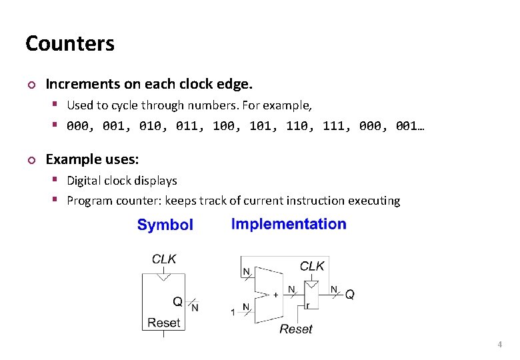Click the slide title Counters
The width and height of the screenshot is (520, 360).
(x=70, y=44)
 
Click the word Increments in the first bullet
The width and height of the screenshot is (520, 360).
(x=75, y=85)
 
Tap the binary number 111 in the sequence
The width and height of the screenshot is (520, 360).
(x=333, y=125)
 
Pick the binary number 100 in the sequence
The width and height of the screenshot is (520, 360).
(x=224, y=125)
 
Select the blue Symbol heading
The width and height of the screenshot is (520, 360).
(x=165, y=225)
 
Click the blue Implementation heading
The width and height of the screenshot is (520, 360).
(x=289, y=224)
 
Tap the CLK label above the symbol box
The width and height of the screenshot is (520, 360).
(x=164, y=259)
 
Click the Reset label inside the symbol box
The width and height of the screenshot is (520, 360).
(x=164, y=323)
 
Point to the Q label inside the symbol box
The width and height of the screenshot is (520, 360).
(x=177, y=302)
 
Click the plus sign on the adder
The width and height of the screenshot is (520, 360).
(x=276, y=294)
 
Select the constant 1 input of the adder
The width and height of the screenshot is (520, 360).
(x=233, y=312)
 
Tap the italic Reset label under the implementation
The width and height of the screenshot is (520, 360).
(x=296, y=329)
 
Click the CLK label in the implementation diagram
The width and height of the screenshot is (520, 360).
(x=312, y=266)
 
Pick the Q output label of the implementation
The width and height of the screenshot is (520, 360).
(x=350, y=295)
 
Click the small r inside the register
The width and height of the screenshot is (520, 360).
(x=307, y=305)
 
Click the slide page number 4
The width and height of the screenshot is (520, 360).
(x=499, y=345)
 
